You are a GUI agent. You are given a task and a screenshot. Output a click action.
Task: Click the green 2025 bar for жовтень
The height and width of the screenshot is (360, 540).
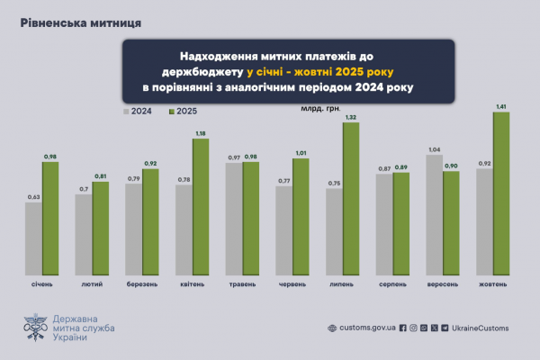(501, 193)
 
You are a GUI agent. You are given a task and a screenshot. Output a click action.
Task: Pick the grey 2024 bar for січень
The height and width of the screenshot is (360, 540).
(33, 238)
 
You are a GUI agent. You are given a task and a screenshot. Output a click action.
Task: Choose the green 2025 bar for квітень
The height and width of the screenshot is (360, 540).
(201, 206)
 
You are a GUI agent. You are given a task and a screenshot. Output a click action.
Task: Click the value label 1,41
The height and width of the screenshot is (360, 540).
(501, 106)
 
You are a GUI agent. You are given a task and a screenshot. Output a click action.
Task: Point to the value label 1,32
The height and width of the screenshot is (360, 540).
(352, 118)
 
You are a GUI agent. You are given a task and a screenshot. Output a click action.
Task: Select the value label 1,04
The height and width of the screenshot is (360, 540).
(434, 148)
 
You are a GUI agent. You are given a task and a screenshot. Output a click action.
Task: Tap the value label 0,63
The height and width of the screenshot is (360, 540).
(33, 196)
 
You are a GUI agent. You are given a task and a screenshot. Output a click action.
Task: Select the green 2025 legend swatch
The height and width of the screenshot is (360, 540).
(170, 112)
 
